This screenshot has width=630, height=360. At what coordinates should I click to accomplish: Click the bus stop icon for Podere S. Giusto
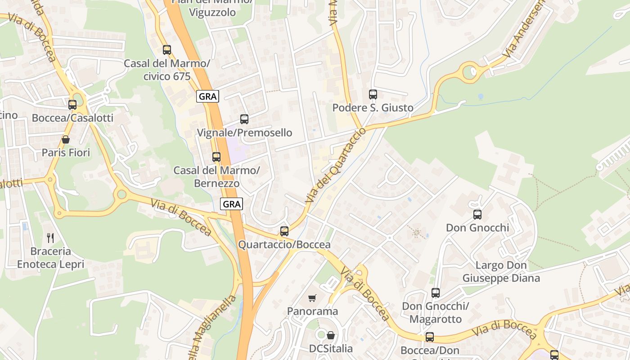(373, 94)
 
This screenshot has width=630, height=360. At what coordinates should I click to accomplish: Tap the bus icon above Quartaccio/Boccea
(284, 231)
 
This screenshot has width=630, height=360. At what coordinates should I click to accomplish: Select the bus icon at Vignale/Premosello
(244, 119)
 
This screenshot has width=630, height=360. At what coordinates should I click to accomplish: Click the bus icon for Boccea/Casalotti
(72, 105)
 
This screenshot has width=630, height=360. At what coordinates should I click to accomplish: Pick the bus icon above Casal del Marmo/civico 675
(167, 50)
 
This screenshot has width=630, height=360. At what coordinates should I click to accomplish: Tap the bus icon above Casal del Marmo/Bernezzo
(216, 157)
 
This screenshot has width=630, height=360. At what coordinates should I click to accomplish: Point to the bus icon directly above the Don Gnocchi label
(477, 215)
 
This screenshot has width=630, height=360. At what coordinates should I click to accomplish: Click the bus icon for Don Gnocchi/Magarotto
(435, 293)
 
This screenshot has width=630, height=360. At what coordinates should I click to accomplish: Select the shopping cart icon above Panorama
(312, 298)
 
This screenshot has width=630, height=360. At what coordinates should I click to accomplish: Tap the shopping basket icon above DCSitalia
(331, 335)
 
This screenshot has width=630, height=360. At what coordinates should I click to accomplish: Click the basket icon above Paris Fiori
(66, 139)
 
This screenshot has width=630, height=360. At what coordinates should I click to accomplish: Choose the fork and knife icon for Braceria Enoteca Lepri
(50, 238)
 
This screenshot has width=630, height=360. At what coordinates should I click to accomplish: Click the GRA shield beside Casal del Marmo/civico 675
(208, 96)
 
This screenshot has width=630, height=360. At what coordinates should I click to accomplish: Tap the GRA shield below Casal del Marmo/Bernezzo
(232, 204)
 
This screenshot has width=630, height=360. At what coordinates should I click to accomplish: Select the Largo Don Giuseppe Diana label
(501, 272)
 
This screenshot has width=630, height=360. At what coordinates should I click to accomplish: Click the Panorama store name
(312, 311)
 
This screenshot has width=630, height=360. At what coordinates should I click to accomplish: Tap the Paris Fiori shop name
(66, 153)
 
